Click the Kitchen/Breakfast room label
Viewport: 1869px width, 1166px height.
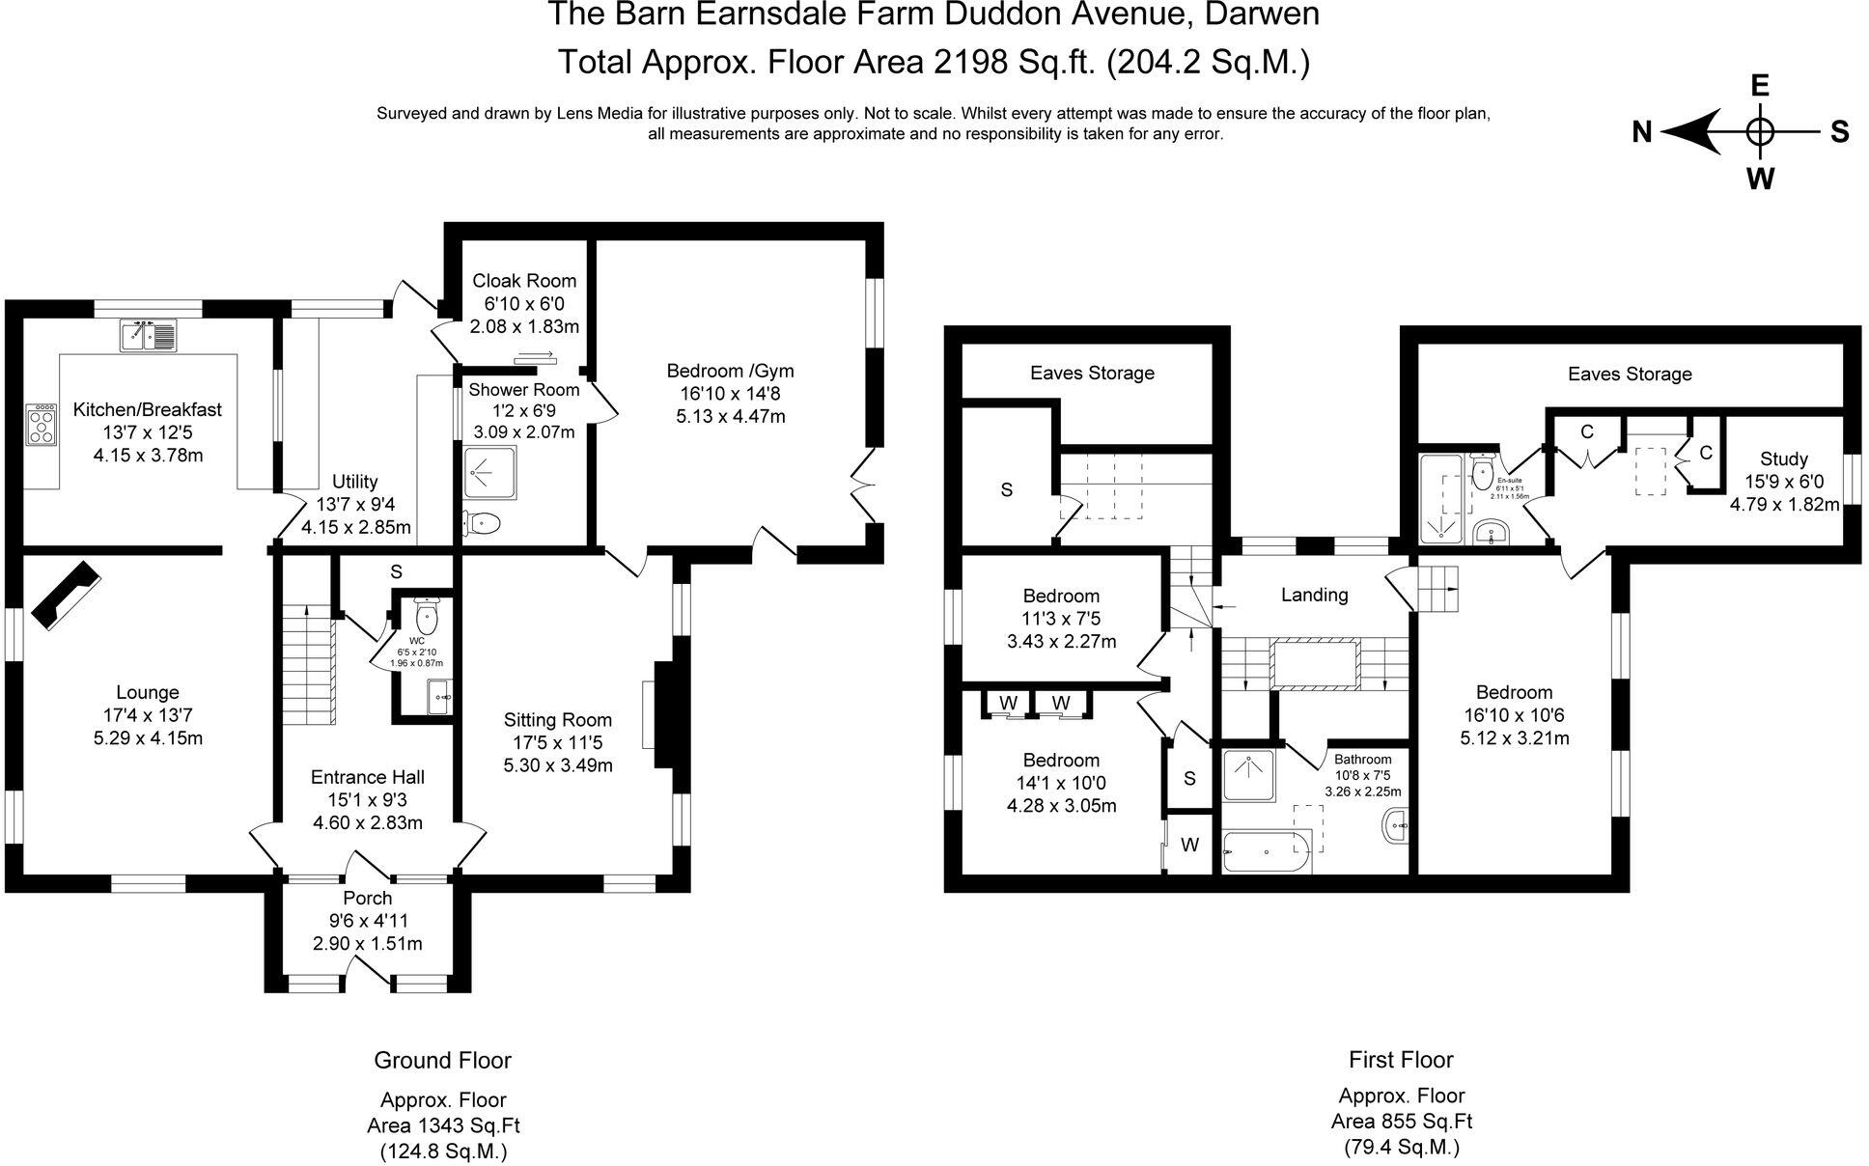coord(147,409)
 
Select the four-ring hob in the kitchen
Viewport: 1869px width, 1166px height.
coord(41,425)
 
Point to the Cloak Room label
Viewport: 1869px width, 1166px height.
coord(523,281)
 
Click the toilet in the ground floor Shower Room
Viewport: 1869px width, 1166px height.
coord(481,523)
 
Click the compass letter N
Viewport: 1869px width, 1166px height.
coord(1642,132)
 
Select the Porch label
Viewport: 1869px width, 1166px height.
coord(367,898)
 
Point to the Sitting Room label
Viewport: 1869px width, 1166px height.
coord(557,719)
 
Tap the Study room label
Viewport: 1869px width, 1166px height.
coord(1783,458)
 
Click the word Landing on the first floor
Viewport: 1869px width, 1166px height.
coord(1314,595)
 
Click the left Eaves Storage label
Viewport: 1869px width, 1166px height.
coord(1091,373)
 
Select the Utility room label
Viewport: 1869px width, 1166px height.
coord(354,481)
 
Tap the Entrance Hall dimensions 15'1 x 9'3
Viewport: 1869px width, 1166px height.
coord(367,800)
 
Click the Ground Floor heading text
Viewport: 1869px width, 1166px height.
coord(442,1060)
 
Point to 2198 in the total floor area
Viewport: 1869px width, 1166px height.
coord(972,62)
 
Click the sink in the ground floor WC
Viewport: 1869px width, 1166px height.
coord(440,696)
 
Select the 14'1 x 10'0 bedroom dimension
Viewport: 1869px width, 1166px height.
coord(1061,783)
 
